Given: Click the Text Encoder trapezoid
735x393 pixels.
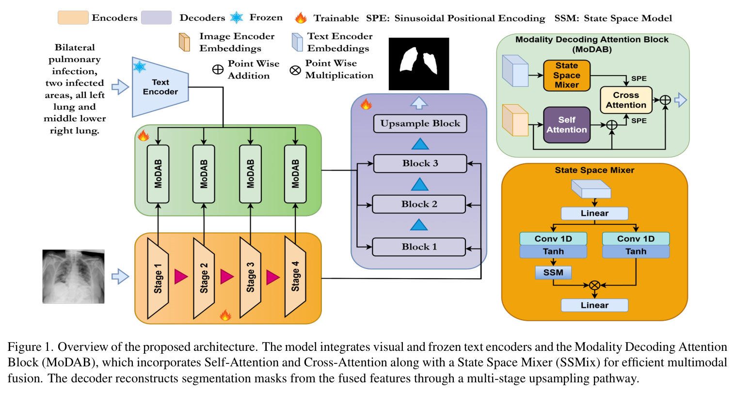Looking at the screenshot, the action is (160, 87).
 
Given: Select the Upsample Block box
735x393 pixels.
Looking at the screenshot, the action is (420, 124).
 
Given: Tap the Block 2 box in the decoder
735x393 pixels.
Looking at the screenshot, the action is (419, 204).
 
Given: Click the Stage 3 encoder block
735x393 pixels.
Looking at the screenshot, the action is (250, 278).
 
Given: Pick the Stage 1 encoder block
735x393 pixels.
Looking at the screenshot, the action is (158, 278).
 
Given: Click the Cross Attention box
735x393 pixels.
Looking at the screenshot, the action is (626, 100).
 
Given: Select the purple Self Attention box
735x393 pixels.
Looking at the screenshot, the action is (567, 125).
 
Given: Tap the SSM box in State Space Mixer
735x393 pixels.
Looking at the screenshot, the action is (553, 273).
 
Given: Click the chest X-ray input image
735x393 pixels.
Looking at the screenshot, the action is (74, 276).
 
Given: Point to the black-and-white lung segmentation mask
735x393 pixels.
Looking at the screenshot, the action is (419, 63).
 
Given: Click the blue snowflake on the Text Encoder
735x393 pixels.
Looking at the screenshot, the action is (140, 66).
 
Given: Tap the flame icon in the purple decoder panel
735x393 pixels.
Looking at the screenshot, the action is (366, 104).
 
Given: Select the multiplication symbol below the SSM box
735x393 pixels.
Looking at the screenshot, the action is (594, 285).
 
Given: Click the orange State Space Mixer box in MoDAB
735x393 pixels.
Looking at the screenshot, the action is (567, 76).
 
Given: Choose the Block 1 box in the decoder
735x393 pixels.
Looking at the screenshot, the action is (419, 247).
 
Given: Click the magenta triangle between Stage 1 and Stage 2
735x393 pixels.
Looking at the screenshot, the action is (181, 277).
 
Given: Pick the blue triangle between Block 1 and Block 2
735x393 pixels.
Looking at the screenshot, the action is (419, 225).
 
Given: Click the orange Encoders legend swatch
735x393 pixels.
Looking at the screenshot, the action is (73, 17).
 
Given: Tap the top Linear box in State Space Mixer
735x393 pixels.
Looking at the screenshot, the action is (594, 213).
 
